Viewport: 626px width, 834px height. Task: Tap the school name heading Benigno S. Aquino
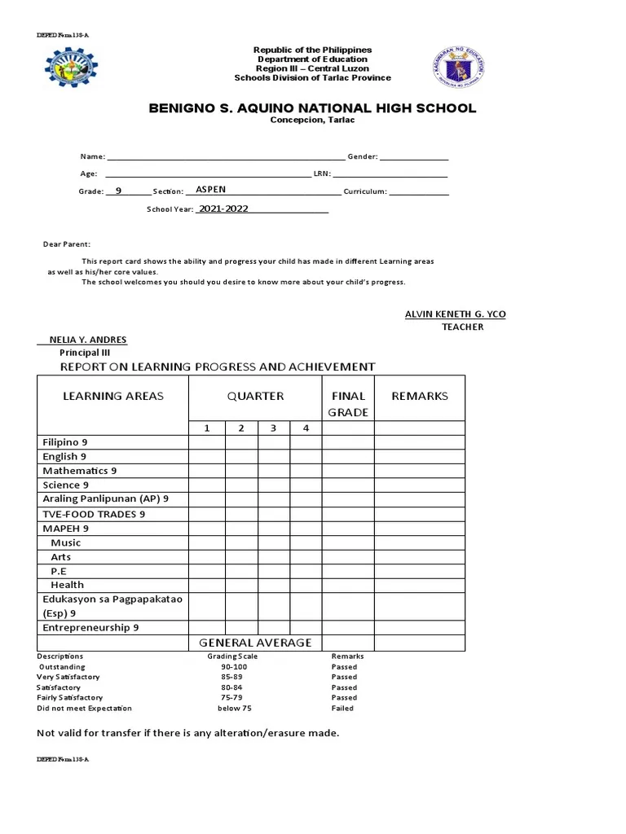coord(312,108)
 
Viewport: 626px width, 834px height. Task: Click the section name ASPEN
coord(211,189)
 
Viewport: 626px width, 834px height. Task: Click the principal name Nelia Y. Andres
coord(93,340)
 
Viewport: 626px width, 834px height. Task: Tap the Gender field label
coord(362,156)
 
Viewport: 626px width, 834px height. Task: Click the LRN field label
coord(320,174)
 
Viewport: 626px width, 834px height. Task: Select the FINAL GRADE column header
coord(348,404)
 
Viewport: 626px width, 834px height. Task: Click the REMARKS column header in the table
coord(420,396)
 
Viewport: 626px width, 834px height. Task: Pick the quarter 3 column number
coord(274,428)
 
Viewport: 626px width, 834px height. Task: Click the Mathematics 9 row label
coord(80,471)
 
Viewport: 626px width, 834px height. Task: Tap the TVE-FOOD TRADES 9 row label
coord(94,514)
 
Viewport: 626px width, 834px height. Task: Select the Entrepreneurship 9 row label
coord(90,628)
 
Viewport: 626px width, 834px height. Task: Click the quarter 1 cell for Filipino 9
coord(207,442)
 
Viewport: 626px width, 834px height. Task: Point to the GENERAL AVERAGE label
coord(255,643)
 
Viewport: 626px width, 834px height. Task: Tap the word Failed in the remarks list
coord(342,709)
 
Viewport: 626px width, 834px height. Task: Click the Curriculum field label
coord(364,191)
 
